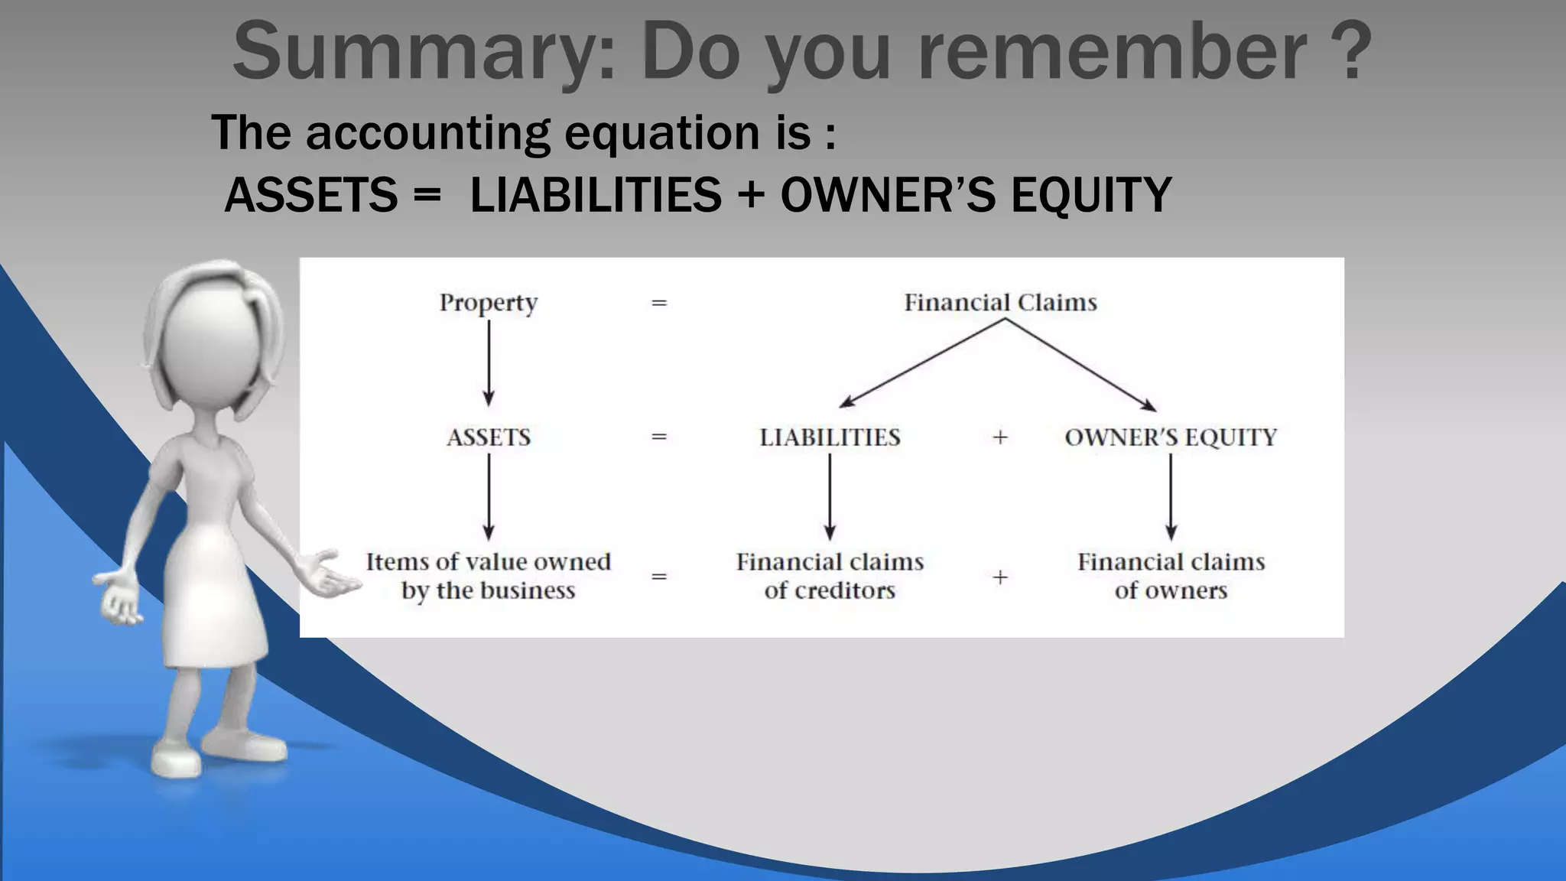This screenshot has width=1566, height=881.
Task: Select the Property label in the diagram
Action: point(489,303)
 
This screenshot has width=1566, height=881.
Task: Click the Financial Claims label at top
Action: point(1000,303)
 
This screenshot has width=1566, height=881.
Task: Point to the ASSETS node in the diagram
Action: point(489,437)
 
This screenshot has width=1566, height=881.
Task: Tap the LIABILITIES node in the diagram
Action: point(830,437)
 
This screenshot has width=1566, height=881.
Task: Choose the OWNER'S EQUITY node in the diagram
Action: point(1171,437)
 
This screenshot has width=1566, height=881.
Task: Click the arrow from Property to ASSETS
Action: point(489,363)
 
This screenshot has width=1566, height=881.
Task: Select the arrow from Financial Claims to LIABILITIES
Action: point(921,363)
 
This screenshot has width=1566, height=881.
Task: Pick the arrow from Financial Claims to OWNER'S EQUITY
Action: point(1080,365)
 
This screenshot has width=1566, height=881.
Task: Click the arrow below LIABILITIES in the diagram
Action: point(830,497)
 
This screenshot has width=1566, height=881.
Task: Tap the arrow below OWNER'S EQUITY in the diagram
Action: point(1171,497)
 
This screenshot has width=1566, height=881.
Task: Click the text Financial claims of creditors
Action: point(830,576)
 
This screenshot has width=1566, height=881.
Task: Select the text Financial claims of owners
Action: point(1171,576)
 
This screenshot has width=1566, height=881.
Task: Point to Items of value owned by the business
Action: point(489,576)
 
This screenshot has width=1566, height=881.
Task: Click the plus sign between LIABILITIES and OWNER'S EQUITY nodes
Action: point(1000,437)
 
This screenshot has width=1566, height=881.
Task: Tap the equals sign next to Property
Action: point(659,303)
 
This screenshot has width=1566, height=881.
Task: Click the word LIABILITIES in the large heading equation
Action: point(596,194)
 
